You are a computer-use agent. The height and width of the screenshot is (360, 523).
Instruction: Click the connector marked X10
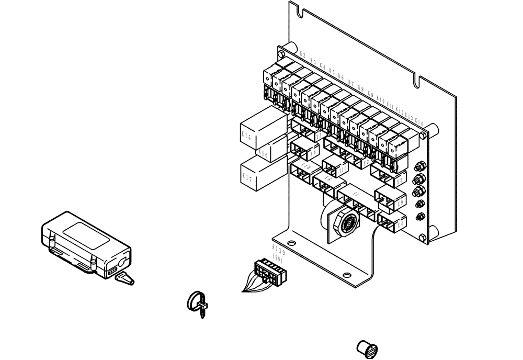302,173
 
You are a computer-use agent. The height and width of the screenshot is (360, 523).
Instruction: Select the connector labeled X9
390,198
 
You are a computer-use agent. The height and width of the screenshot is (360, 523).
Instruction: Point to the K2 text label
303,55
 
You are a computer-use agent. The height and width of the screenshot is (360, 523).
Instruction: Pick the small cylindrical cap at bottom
367,348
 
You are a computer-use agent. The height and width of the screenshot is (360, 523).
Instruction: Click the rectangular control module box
85,240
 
